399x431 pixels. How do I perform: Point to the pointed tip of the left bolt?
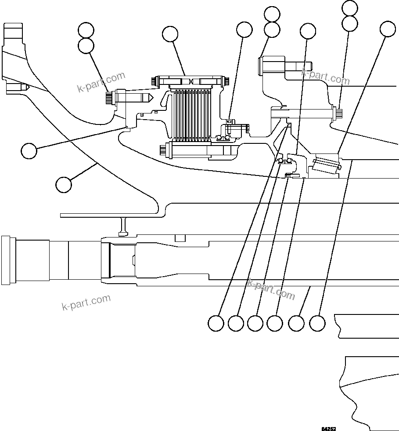click(150, 98)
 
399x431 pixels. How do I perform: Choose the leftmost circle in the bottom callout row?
click(216, 323)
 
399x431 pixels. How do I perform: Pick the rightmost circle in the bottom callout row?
click(317, 323)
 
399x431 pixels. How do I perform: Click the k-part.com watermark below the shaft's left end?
click(86, 302)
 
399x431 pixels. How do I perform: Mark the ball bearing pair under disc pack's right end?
click(224, 139)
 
